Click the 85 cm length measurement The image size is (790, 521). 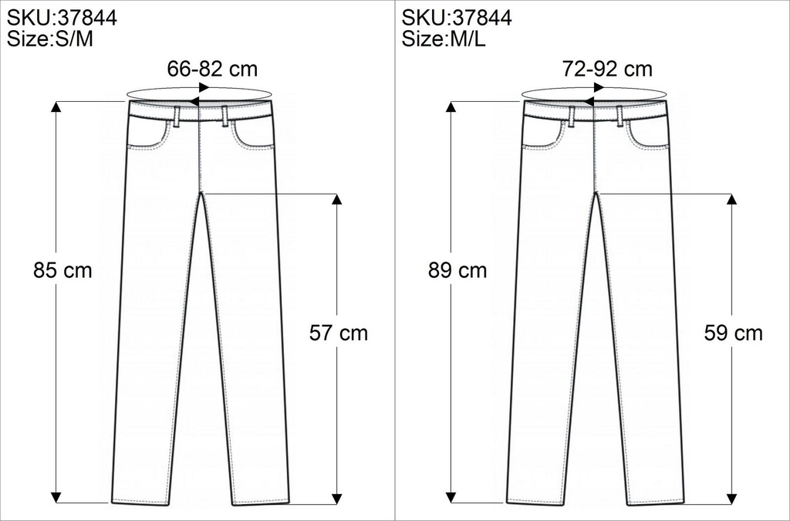click(62, 271)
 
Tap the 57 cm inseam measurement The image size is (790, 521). click(339, 333)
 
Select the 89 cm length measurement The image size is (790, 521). click(457, 271)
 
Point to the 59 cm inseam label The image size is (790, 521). click(734, 333)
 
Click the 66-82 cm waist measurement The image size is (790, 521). click(212, 69)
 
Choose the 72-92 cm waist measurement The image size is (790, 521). click(607, 69)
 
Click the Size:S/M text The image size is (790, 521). click(49, 40)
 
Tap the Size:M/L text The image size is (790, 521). click(444, 40)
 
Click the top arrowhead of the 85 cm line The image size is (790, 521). click(56, 106)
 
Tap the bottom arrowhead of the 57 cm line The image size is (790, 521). click(336, 496)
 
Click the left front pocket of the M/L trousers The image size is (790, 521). click(545, 134)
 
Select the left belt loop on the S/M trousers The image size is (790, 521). click(177, 115)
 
